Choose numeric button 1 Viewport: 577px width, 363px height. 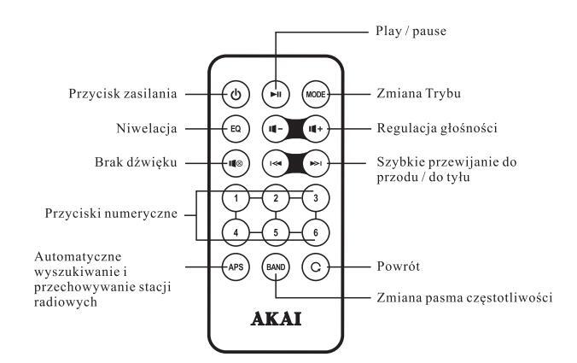236,198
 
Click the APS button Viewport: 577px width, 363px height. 236,265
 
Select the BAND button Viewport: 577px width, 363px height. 275,265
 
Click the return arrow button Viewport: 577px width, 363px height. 314,265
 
